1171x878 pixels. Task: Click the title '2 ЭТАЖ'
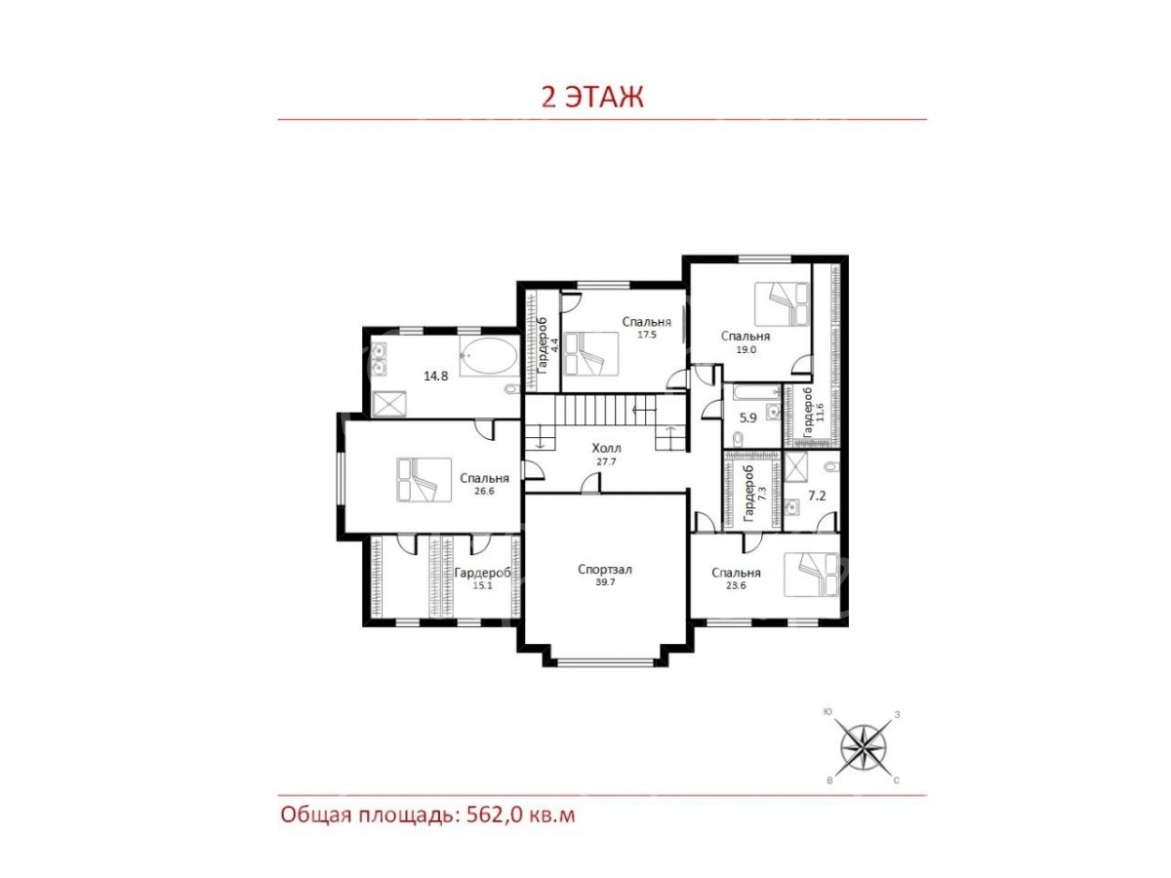592,98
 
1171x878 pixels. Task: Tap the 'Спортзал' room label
605,570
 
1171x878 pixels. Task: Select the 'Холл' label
607,448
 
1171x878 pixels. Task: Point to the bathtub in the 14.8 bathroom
488,355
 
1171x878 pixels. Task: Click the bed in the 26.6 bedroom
424,479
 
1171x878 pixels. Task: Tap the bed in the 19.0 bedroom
782,303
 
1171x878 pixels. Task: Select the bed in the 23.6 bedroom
811,575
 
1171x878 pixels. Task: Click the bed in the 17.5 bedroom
591,354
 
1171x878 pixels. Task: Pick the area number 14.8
436,376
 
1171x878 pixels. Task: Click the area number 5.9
747,418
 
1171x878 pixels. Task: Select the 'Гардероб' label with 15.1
483,573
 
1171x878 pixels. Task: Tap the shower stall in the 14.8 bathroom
389,404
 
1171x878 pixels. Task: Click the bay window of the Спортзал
604,662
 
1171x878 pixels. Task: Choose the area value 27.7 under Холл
606,461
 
